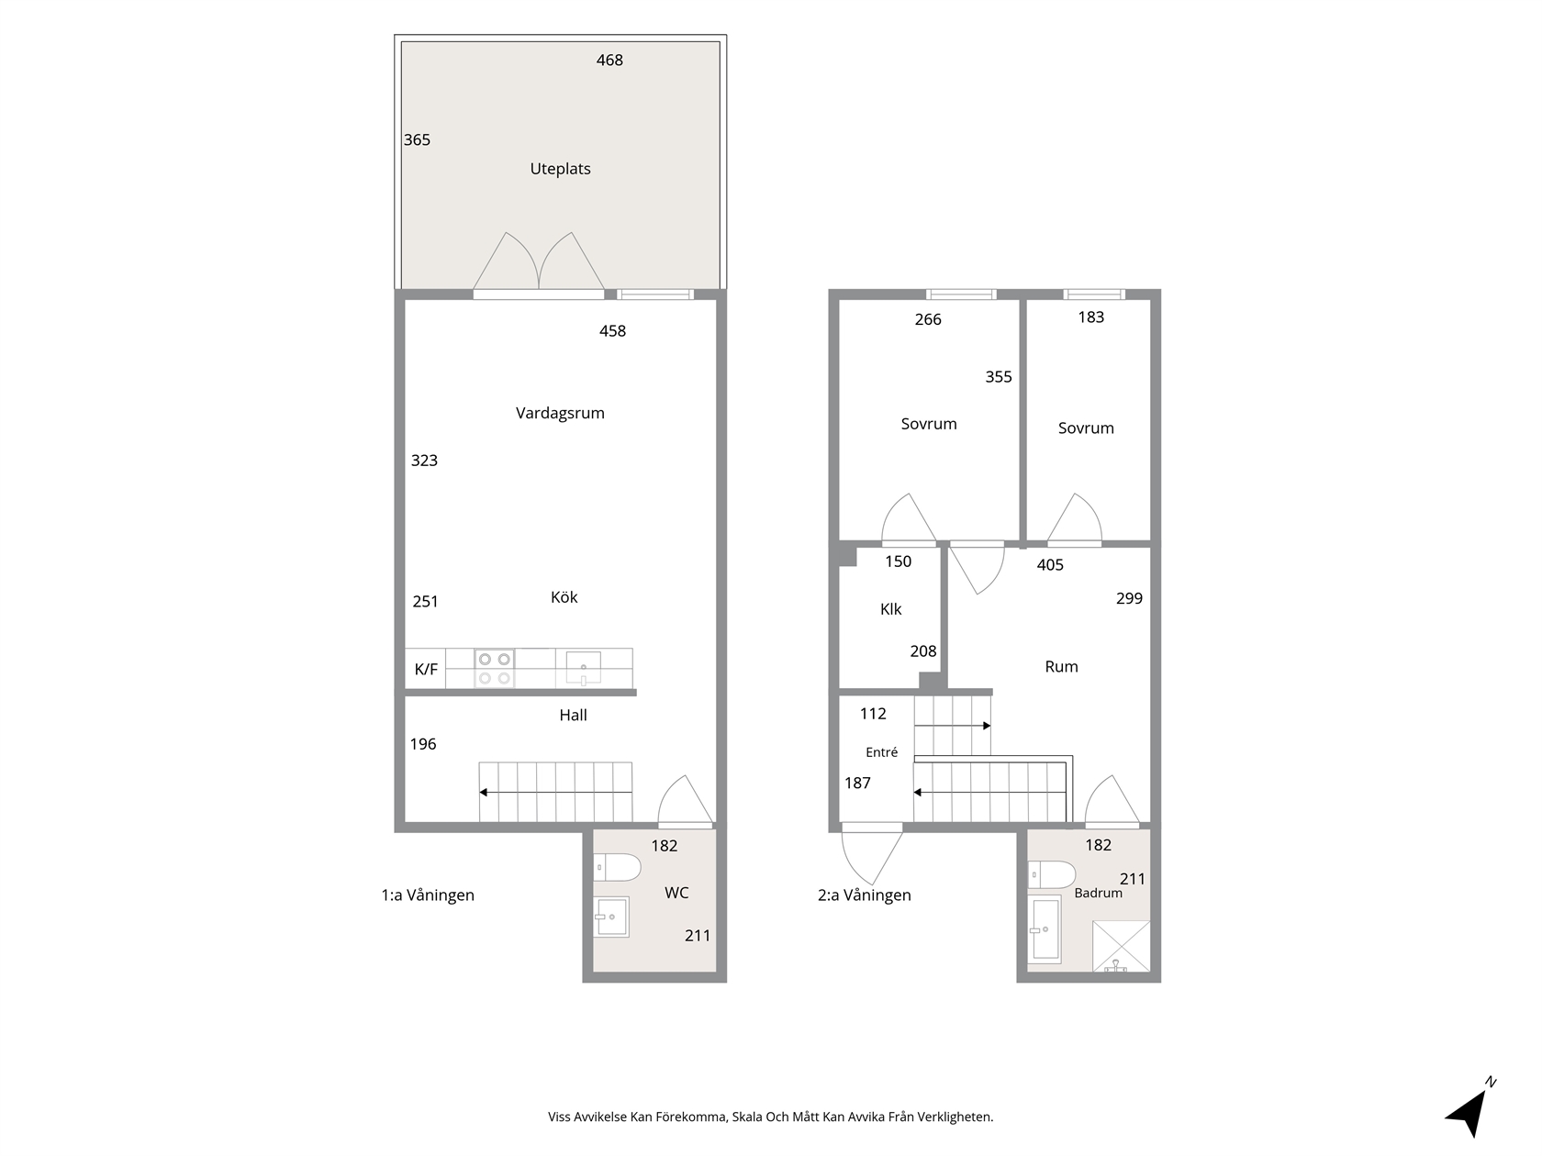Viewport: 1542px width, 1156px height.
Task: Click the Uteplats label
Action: (x=560, y=169)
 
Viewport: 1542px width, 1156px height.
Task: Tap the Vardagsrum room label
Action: (x=560, y=414)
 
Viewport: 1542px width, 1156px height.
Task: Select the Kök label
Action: (x=564, y=597)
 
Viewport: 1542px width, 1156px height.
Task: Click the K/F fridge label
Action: (x=426, y=670)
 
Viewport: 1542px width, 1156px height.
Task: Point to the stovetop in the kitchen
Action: (x=494, y=669)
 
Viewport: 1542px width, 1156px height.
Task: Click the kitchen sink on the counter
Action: (x=583, y=668)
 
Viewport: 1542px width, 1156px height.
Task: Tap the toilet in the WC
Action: (x=617, y=868)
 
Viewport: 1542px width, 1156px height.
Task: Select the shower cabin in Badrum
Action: (x=1122, y=946)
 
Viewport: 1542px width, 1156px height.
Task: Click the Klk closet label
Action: (x=890, y=609)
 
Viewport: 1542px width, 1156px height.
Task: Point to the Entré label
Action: (x=882, y=752)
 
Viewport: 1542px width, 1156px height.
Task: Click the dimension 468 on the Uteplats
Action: (x=609, y=61)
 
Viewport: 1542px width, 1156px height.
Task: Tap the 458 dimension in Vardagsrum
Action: (x=612, y=331)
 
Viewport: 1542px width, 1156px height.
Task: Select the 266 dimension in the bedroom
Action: (x=928, y=320)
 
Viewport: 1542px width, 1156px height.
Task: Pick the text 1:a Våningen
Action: (x=428, y=895)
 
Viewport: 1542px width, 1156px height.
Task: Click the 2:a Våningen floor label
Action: (x=864, y=895)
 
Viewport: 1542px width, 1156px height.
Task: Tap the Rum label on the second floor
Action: (x=1061, y=667)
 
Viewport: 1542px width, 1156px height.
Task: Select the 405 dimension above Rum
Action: (x=1050, y=565)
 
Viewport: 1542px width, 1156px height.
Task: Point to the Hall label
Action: (x=574, y=716)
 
